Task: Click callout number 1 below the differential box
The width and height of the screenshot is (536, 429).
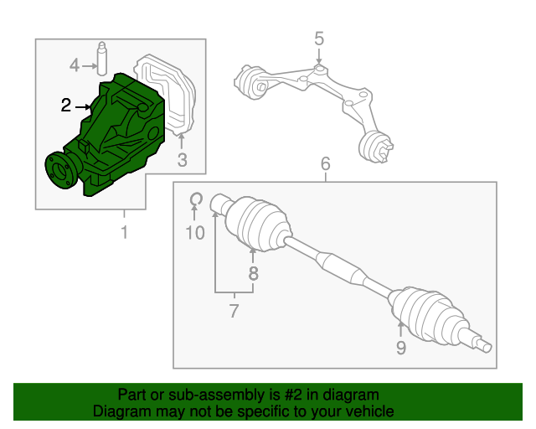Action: tap(124, 232)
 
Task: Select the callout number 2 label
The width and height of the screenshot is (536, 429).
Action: tap(66, 106)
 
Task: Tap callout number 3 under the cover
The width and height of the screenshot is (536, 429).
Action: tap(183, 161)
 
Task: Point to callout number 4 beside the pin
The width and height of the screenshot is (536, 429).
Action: tap(75, 65)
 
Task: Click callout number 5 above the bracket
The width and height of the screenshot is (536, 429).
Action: tap(319, 38)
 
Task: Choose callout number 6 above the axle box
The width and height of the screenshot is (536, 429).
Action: tap(326, 163)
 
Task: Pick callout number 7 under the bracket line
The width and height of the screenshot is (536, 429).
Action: tap(234, 312)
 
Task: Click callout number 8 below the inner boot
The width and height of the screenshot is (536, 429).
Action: tap(253, 273)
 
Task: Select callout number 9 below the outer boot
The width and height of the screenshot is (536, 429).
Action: tap(400, 347)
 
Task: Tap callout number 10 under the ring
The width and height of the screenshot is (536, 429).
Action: tap(194, 233)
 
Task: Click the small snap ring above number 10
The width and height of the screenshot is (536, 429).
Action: tap(195, 199)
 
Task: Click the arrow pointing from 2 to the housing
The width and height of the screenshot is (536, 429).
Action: tap(85, 106)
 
